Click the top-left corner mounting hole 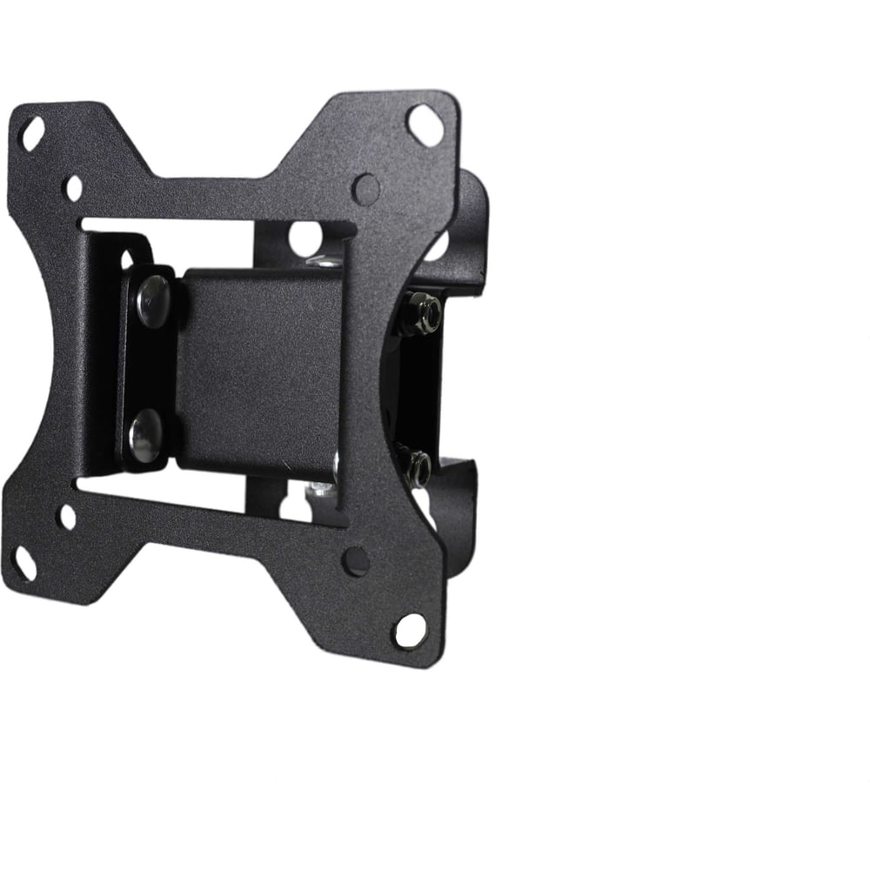[x=33, y=132]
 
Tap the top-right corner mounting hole [x=423, y=118]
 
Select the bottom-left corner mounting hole [x=26, y=565]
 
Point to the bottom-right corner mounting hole [x=412, y=629]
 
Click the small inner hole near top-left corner [x=74, y=187]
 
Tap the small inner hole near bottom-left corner [x=67, y=518]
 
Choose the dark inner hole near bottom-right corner [x=356, y=561]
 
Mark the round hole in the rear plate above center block [x=304, y=238]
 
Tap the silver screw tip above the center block [x=326, y=260]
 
